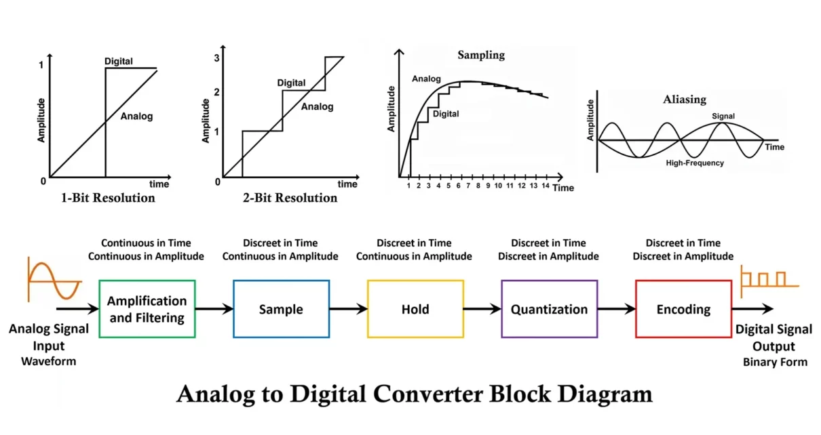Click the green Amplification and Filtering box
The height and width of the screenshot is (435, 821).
tap(147, 309)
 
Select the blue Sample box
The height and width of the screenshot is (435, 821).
tap(281, 309)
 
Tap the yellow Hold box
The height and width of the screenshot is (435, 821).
tap(415, 309)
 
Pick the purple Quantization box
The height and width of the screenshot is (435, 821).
tap(549, 309)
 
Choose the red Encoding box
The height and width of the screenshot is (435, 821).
tap(683, 309)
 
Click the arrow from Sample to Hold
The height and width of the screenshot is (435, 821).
tap(348, 310)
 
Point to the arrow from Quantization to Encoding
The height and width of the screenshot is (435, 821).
tap(616, 310)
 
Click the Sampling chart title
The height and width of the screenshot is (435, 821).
tap(481, 56)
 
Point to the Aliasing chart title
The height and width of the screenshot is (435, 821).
tap(684, 100)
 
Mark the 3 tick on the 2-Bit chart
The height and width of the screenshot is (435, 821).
tap(216, 58)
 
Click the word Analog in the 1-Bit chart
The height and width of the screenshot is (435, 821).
tap(136, 117)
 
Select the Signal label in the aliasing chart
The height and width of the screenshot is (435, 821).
tap(723, 116)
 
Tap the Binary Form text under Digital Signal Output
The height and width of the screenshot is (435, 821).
tap(775, 362)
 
